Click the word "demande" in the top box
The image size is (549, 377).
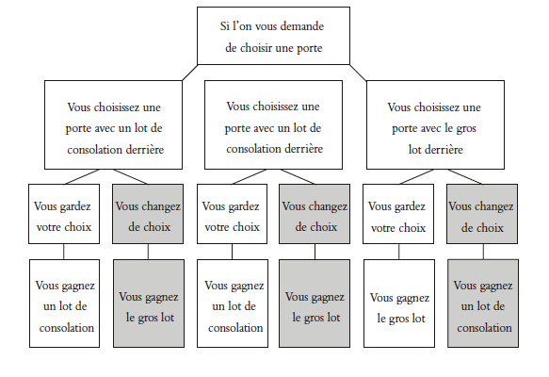click(302, 26)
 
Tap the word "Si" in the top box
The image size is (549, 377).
click(224, 26)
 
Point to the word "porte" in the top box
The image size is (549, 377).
click(310, 48)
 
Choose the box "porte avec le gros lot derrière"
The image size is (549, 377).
click(435, 124)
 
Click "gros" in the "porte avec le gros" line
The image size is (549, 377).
click(466, 129)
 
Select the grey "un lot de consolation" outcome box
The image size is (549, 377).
click(483, 303)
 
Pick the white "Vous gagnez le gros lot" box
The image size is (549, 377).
click(399, 303)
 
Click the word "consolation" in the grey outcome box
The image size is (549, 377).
click(484, 328)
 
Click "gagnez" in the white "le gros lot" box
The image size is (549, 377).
click(412, 299)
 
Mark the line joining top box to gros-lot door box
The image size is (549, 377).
click(358, 73)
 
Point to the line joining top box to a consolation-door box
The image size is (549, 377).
click(190, 73)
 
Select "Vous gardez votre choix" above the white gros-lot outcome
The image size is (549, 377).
click(398, 214)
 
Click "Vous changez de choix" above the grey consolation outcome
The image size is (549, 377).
click(482, 214)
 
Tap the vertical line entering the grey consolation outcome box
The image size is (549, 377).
click(483, 252)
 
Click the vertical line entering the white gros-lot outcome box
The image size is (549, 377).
click(398, 252)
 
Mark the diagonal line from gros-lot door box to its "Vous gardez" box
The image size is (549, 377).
click(416, 177)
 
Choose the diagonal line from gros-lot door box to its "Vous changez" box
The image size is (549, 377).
click(465, 177)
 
